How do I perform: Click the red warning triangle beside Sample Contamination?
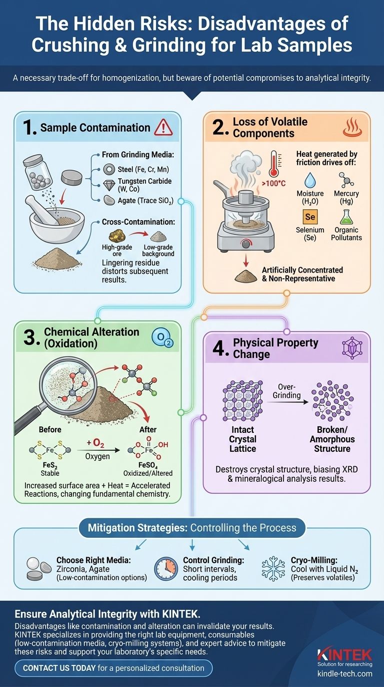[x=164, y=128]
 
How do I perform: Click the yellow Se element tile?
[x=310, y=217]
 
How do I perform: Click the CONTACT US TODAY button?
[x=114, y=668]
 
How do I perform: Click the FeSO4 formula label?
[x=147, y=465]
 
